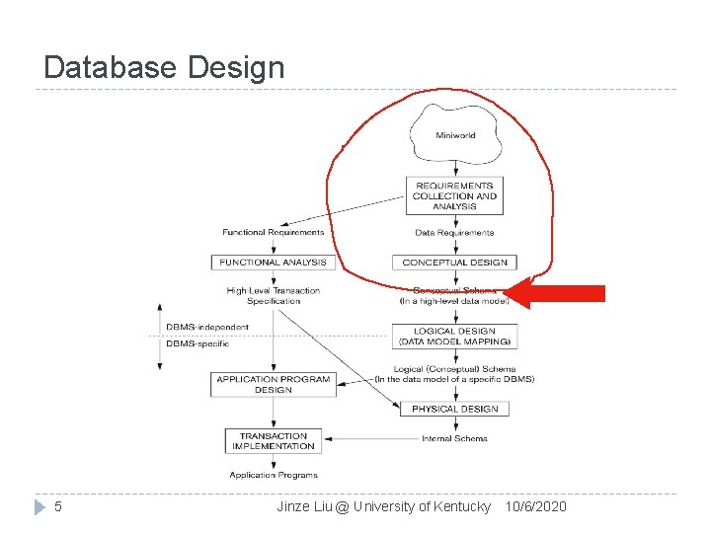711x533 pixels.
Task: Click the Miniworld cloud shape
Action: tap(454, 136)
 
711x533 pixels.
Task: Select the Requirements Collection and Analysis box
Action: tap(453, 195)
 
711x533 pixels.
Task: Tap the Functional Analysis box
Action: tap(269, 263)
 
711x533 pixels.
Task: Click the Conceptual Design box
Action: tap(454, 263)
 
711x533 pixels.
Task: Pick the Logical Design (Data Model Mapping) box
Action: tap(454, 337)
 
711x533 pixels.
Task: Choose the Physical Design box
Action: tap(454, 409)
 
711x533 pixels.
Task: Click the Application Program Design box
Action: tap(273, 384)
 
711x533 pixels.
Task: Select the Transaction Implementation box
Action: tap(274, 440)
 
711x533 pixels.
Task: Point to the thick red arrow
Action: tap(563, 293)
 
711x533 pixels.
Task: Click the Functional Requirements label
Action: tap(273, 233)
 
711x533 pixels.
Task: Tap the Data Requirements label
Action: tap(454, 233)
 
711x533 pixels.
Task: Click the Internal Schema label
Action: tap(454, 438)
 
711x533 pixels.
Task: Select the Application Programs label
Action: tap(274, 475)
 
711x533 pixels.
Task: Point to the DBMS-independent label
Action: tap(194, 327)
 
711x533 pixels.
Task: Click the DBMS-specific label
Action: tap(197, 343)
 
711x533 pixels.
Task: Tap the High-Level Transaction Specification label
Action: tap(274, 296)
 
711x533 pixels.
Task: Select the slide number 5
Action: tap(58, 506)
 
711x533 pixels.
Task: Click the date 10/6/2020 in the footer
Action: tap(535, 506)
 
